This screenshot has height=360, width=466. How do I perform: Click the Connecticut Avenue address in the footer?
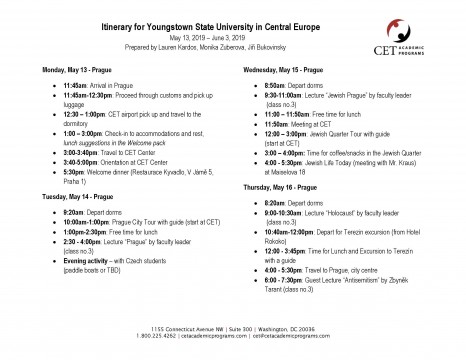pyautogui.click(x=234, y=328)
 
